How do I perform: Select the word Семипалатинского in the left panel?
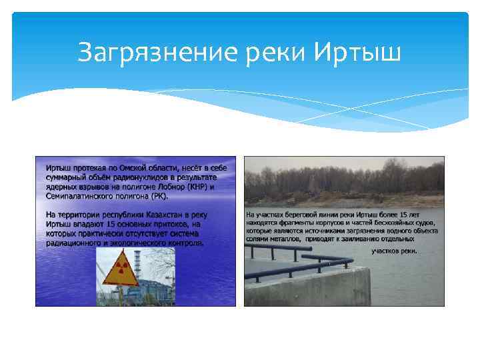79,196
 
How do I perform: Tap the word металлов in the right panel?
283,238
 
